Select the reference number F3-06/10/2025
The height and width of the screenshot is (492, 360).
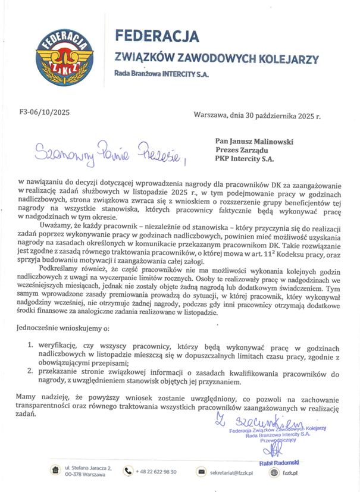[x=45, y=111]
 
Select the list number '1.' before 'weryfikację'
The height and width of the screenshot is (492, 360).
[x=31, y=346]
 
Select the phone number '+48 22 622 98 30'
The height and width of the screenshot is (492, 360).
[x=158, y=472]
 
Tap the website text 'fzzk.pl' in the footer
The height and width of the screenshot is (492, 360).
[x=290, y=472]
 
